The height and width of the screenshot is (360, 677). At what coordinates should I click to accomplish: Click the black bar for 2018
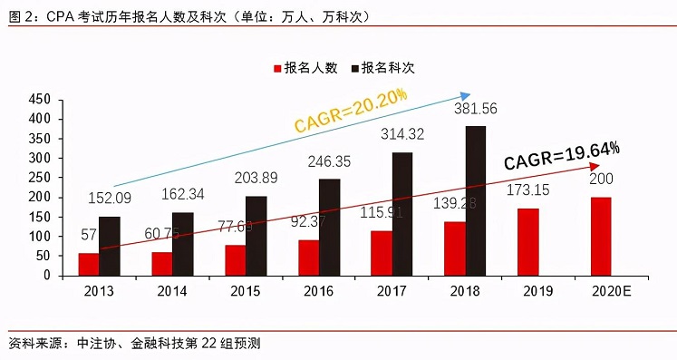[476, 200]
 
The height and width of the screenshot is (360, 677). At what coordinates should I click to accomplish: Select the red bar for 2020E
[600, 236]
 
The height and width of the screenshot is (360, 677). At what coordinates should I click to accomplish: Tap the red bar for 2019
[527, 241]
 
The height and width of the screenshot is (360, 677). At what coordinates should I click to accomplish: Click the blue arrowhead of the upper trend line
[466, 94]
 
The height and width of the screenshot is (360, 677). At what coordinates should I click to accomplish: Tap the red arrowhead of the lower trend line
[595, 166]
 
